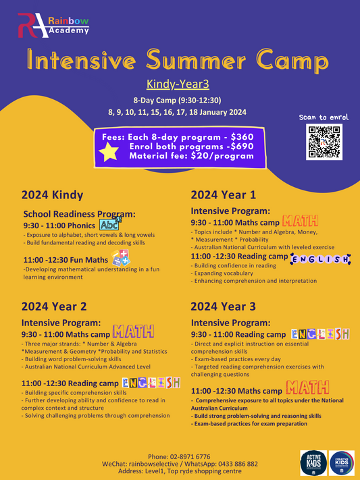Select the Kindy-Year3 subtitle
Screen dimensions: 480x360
point(180,84)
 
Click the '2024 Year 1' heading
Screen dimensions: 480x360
point(223,194)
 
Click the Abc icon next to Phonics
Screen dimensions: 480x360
point(109,225)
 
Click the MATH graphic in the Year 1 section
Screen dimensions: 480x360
point(299,221)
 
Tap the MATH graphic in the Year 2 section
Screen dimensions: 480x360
point(133,332)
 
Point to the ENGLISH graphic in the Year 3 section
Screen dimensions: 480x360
point(320,334)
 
